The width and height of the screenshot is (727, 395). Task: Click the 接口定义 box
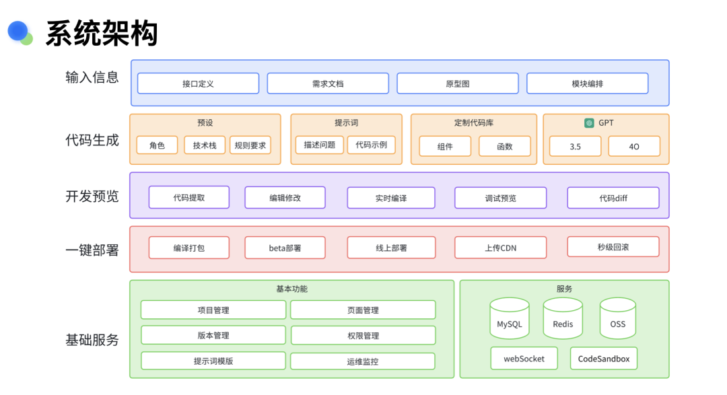click(198, 83)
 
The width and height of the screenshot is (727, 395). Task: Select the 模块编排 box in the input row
click(587, 83)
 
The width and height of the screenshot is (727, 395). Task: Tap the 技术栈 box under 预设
click(204, 145)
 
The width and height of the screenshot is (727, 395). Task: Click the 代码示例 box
click(371, 145)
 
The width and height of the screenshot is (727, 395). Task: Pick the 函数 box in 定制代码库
click(504, 146)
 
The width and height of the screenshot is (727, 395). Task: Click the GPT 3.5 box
click(575, 146)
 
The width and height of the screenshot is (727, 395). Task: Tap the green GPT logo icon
click(589, 123)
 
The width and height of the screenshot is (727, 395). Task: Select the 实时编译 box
click(390, 198)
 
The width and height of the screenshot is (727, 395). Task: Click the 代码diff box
click(613, 198)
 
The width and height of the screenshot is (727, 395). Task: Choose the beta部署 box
click(285, 248)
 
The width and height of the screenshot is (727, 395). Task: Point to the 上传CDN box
click(500, 248)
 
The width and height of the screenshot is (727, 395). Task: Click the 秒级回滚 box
click(613, 247)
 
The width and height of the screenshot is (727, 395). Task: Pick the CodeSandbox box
click(603, 359)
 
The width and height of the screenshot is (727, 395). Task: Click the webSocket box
click(524, 359)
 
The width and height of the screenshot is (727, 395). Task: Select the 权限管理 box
click(363, 335)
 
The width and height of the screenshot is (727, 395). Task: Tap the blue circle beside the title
click(18, 31)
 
